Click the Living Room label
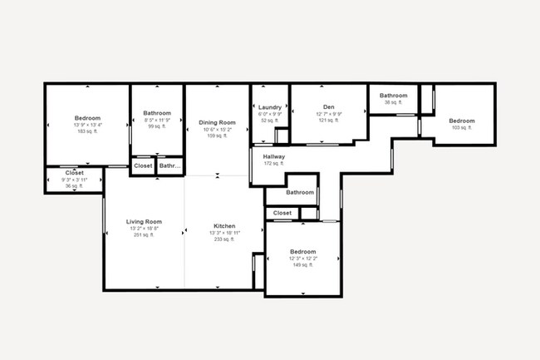click(144, 222)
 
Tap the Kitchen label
click(224, 226)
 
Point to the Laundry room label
click(270, 107)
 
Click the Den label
click(329, 107)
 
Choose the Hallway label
click(274, 156)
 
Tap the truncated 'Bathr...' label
click(170, 166)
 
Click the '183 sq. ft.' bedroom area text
click(87, 131)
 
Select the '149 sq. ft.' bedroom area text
click(302, 265)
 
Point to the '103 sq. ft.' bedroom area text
click(462, 128)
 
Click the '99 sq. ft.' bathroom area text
click(157, 126)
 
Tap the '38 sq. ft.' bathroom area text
click(394, 103)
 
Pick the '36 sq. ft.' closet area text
click(75, 186)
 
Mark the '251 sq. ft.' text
click(144, 235)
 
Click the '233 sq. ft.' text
click(224, 239)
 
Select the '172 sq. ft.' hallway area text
click(274, 164)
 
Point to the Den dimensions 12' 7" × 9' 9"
click(329, 114)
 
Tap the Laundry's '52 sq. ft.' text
click(270, 121)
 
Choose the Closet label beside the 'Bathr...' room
click(143, 166)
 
